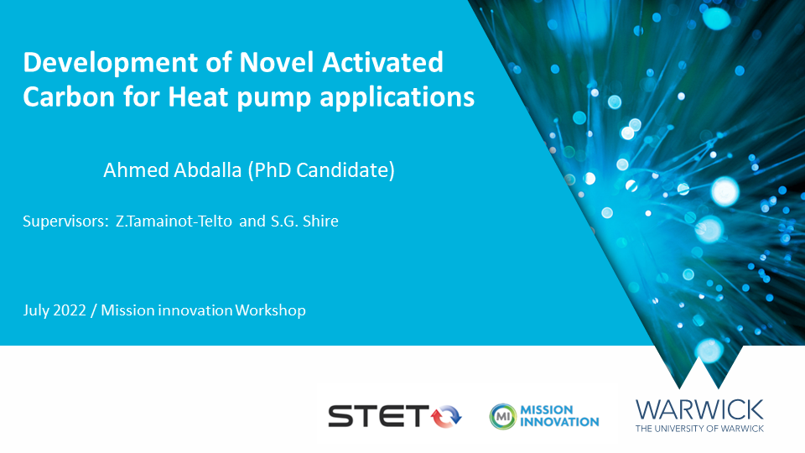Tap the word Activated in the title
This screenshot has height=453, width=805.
tap(382, 62)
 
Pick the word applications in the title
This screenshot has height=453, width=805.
tap(397, 97)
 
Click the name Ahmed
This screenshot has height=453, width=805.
tap(136, 170)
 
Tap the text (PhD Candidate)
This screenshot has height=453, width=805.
tap(321, 170)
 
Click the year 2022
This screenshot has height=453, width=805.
tap(70, 310)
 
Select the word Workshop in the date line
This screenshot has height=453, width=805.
tap(271, 310)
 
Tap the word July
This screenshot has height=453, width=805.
tap(36, 310)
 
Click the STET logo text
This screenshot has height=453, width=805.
tap(378, 415)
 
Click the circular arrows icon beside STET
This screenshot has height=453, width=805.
tap(445, 416)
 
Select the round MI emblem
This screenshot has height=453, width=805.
tap(502, 416)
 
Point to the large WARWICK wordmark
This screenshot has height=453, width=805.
tap(699, 410)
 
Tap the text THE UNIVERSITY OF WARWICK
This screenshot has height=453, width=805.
tap(699, 429)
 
